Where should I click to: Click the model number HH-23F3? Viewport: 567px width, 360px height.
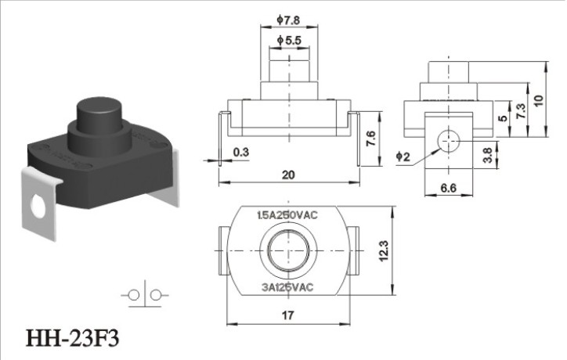pos(72,339)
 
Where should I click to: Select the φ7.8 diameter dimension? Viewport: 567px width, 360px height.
pos(288,20)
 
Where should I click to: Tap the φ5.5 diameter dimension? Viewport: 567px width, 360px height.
pos(289,40)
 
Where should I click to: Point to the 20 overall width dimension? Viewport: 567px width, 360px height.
pos(288,175)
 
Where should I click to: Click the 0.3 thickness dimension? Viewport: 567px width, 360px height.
pos(241,152)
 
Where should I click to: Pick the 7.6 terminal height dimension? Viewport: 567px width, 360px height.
pos(371,139)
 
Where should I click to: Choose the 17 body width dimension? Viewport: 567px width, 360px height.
pos(287,315)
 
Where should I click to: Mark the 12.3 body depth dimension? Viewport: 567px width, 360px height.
pos(384,250)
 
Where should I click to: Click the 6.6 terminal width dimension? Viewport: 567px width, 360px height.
pos(449,188)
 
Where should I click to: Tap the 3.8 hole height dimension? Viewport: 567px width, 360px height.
pos(488,156)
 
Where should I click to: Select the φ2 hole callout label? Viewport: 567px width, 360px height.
pos(403,157)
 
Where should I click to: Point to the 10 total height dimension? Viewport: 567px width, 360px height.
pos(539,100)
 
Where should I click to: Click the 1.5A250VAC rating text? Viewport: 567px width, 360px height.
pos(287,215)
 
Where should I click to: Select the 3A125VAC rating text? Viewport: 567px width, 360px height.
pos(287,287)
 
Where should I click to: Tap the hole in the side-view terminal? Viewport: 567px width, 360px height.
pos(449,140)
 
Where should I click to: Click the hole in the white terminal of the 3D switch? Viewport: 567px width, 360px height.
pos(38,207)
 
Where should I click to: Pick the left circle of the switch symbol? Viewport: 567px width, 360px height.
pos(134,296)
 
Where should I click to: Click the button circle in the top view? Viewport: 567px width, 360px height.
pos(288,250)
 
